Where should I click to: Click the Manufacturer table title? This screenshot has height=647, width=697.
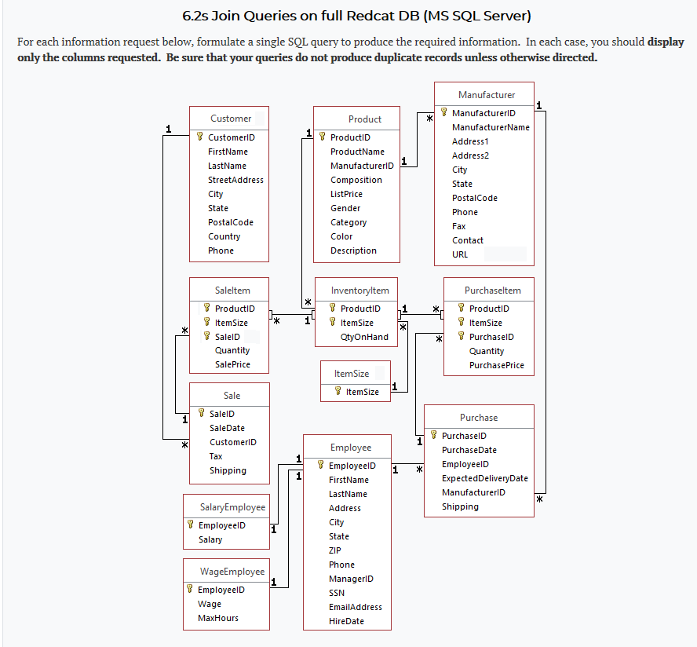pos(487,95)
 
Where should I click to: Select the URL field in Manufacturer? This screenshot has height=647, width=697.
pos(460,254)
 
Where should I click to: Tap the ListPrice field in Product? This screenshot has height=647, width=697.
pos(346,194)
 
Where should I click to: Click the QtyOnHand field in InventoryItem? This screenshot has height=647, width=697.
pos(364,337)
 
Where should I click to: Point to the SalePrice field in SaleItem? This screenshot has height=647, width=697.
pos(232,364)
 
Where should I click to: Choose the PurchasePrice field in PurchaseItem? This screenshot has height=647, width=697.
pos(496,365)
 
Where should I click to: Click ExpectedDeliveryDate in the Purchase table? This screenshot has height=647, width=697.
pos(484,478)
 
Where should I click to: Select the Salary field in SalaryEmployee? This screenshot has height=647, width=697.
pos(210,539)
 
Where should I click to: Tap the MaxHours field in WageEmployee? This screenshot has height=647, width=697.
pos(217,618)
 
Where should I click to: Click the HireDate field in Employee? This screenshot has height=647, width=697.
pos(346,621)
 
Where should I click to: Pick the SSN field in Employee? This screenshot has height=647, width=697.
pos(336,593)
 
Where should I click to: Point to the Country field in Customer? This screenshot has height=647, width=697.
pos(224,236)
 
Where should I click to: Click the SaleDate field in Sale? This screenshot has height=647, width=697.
pos(227,428)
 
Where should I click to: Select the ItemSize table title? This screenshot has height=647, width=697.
pos(352,374)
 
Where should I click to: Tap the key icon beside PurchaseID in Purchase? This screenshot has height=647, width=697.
pos(433,436)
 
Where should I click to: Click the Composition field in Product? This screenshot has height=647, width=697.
pos(356,180)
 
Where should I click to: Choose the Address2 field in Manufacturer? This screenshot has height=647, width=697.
pos(470,155)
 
